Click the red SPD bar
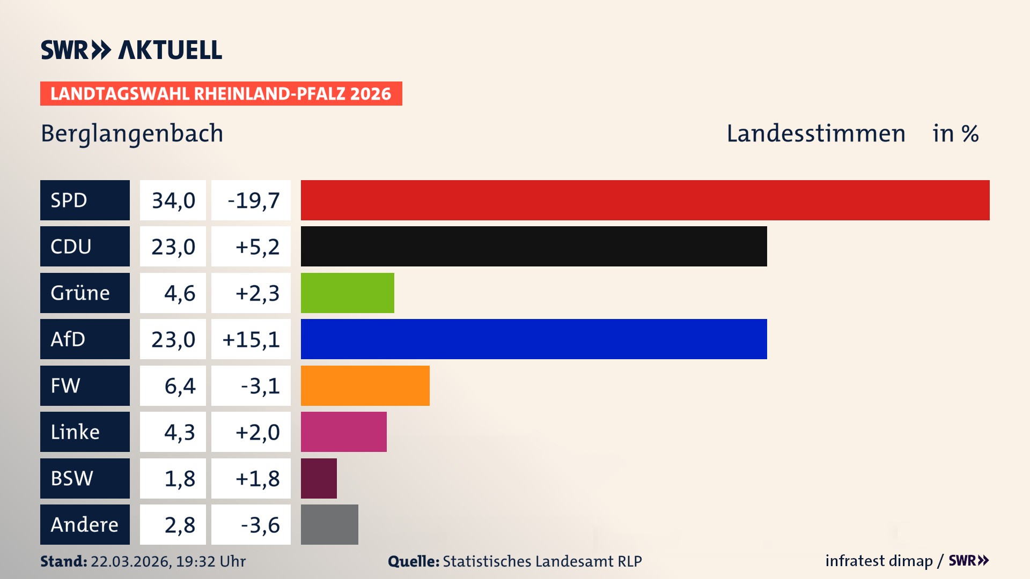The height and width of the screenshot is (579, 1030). coord(645,200)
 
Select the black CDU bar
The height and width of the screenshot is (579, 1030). coord(534,247)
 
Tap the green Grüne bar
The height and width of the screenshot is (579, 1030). coord(347,293)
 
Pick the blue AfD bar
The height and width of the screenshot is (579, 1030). coord(534,339)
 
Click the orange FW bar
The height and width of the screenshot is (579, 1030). coord(365,385)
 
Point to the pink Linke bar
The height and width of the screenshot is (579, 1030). coord(343,432)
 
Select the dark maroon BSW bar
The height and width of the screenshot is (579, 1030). coord(319,478)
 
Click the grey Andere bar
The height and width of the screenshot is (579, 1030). coord(329,524)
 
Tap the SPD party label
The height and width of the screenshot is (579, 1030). coord(85,200)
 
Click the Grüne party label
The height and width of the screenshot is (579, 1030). coord(85,293)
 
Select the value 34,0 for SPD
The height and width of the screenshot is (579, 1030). coord(173,201)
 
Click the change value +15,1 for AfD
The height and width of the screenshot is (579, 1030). coord(251,339)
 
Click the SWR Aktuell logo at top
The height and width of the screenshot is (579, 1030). coord(131,50)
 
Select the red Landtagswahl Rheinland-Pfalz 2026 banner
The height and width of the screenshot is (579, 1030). coord(221,94)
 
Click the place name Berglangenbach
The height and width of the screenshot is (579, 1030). coord(132,133)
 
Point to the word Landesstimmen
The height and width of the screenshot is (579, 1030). coord(816,133)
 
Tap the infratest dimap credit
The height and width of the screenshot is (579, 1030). coord(879,561)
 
